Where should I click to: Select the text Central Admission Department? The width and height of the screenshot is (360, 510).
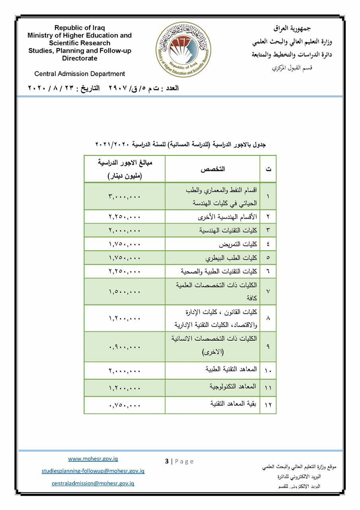tap(80, 74)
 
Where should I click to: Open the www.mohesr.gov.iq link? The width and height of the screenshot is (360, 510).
tap(93, 459)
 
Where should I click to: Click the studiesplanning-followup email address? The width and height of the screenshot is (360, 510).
tap(93, 471)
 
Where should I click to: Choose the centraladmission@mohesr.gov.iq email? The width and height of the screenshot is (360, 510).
tap(93, 483)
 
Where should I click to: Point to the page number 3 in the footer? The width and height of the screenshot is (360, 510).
tap(167, 461)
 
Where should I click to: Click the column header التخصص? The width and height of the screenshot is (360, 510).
tap(213, 169)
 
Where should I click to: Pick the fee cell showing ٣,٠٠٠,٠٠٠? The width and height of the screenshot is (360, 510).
tap(125, 196)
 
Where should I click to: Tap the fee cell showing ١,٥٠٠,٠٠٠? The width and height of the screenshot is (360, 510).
tap(125, 292)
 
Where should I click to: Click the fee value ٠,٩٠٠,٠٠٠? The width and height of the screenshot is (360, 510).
tap(125, 347)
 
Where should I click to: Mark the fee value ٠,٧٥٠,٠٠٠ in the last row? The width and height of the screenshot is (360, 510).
tap(125, 405)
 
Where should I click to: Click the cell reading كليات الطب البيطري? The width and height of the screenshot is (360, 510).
tap(231, 258)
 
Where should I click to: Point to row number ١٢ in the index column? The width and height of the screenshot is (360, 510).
tap(268, 405)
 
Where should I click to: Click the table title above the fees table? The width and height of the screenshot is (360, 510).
tap(180, 144)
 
